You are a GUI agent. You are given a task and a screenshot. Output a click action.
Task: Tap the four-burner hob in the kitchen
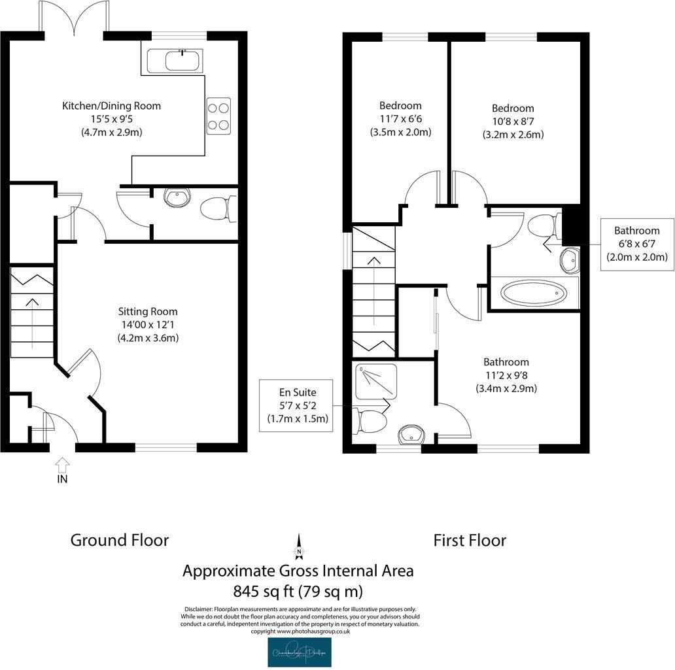pyautogui.click(x=218, y=115)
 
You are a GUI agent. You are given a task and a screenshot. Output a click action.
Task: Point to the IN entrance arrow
pyautogui.click(x=62, y=465)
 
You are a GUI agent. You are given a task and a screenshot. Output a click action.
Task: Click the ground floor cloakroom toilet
pyautogui.click(x=214, y=209)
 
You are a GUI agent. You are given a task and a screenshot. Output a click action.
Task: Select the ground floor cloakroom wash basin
pyautogui.click(x=177, y=196)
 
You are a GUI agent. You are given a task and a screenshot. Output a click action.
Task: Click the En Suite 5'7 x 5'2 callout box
pyautogui.click(x=298, y=405)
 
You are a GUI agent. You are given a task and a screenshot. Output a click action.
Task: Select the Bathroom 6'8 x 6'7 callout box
pyautogui.click(x=636, y=244)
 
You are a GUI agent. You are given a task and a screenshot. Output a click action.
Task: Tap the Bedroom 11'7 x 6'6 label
pyautogui.click(x=400, y=118)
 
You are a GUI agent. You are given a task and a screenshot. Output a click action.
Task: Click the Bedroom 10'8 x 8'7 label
pyautogui.click(x=513, y=121)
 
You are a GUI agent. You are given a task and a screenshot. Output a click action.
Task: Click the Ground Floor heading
pyautogui.click(x=120, y=541)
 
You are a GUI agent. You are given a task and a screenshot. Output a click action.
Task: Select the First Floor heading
pyautogui.click(x=469, y=541)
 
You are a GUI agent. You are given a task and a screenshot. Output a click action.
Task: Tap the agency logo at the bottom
pyautogui.click(x=299, y=652)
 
